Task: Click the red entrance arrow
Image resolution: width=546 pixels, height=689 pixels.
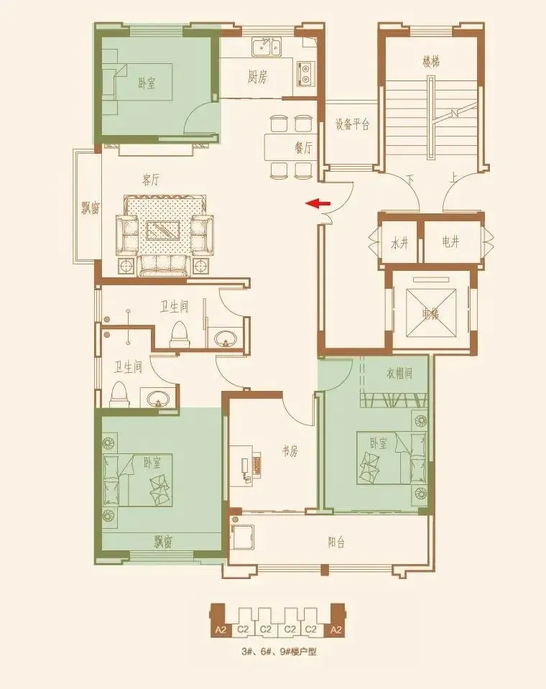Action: click(318, 203)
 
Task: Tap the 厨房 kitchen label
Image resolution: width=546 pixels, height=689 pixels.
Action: click(257, 78)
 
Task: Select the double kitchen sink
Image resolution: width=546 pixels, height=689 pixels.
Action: click(267, 47)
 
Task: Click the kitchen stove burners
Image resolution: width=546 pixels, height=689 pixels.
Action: click(305, 73)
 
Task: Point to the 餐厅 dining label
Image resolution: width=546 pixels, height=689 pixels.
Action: click(303, 147)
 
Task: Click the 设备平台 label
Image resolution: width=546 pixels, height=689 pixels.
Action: click(352, 124)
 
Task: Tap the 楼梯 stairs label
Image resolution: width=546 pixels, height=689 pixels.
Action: click(431, 62)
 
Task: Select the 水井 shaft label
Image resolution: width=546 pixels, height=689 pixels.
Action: click(399, 243)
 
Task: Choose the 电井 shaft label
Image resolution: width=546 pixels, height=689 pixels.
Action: click(450, 241)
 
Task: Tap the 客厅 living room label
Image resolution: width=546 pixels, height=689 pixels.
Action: click(151, 180)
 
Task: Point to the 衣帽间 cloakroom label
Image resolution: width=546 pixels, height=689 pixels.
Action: click(399, 374)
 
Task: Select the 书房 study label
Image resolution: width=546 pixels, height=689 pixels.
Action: click(290, 451)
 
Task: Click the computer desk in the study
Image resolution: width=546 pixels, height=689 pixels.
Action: click(246, 466)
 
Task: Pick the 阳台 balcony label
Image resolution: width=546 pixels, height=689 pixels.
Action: click(336, 542)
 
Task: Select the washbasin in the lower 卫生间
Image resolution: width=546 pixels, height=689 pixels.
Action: click(158, 398)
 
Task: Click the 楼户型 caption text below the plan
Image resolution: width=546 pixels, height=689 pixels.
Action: click(302, 652)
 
